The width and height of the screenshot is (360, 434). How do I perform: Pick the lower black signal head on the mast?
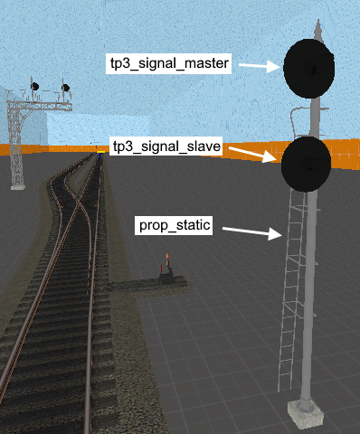pos(306,163)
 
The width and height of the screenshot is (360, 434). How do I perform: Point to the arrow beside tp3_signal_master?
pos(261,65)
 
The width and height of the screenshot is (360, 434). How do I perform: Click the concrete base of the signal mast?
pos(305,415)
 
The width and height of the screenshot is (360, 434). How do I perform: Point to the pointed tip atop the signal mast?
pos(316,25)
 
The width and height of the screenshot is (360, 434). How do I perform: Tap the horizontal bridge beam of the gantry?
pos(41,105)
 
